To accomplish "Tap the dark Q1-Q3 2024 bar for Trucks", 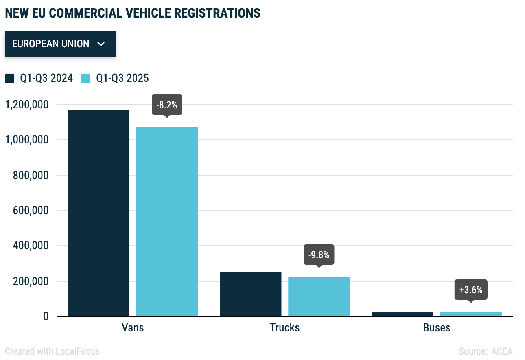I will point(250,294).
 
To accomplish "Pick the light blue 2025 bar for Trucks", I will point(319,296).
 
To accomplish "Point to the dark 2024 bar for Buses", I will point(402,314).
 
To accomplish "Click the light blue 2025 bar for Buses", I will point(471,314).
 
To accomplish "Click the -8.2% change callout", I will point(167,105).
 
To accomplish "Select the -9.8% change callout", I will point(319,255).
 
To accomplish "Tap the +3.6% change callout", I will point(471,290).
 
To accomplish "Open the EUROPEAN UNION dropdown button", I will point(60,44).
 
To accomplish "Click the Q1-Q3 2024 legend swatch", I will point(10,78).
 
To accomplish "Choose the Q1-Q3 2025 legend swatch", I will point(85,78).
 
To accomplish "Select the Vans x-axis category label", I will point(133,327).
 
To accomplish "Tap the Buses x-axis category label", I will point(437,327).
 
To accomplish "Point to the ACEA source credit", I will point(502,351).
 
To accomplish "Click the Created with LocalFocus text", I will point(52,351).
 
